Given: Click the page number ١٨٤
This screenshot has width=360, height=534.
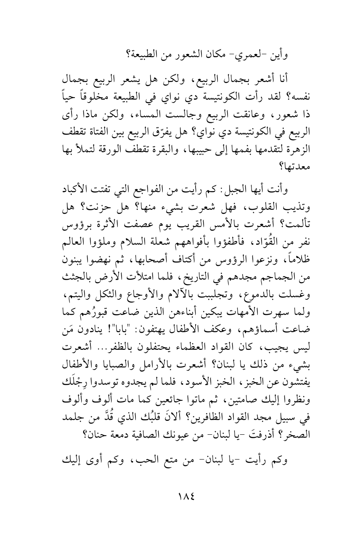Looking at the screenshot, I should coord(180,502).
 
